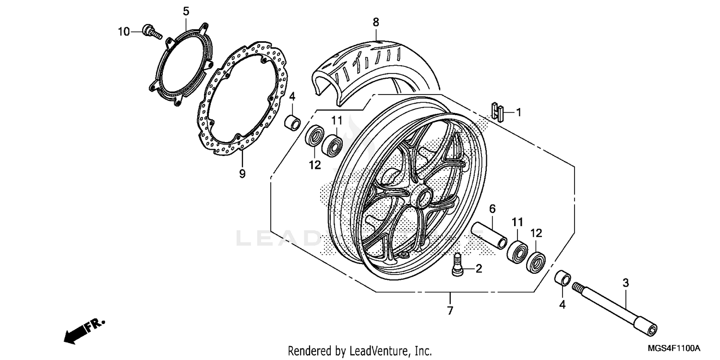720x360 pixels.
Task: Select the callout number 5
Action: pos(186,11)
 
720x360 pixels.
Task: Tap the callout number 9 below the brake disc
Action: pos(242,173)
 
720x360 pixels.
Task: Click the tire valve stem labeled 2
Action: pos(457,265)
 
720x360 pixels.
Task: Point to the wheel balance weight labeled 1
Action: pos(498,113)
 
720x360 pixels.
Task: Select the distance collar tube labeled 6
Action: pos(489,234)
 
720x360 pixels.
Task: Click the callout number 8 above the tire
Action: pos(376,22)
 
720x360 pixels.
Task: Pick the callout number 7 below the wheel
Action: pos(450,311)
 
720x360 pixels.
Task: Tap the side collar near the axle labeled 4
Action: pos(563,279)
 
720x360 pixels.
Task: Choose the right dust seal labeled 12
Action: pos(536,261)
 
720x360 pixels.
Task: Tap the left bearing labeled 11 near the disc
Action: pos(332,144)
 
